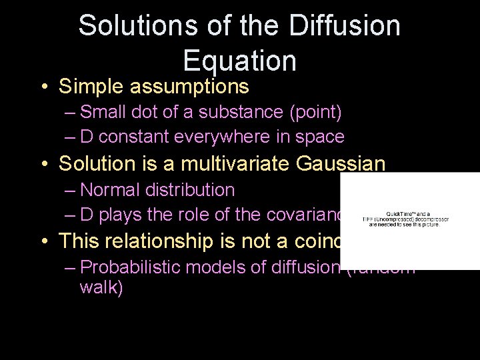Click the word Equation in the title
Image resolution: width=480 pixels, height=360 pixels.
pos(239,61)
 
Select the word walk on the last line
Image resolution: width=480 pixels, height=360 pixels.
pos(101,289)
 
